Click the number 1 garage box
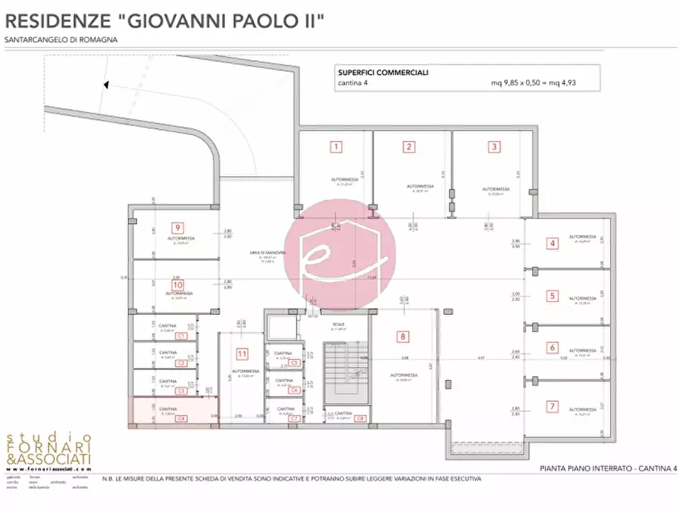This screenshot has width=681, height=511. [x=335, y=146]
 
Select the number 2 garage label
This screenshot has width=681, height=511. [x=410, y=146]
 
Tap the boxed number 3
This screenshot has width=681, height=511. [x=494, y=146]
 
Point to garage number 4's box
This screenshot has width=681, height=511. [x=551, y=244]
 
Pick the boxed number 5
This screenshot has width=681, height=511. [x=551, y=295]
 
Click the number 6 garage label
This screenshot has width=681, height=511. [x=551, y=348]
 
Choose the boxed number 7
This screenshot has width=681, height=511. [x=551, y=407]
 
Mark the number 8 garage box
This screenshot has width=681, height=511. [x=403, y=336]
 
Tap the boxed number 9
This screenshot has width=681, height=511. [x=177, y=227]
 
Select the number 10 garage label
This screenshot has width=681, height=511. [x=177, y=284]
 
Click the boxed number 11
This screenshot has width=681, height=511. [x=242, y=353]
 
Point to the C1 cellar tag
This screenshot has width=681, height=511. [x=181, y=336]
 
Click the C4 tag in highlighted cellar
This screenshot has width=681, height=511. [x=181, y=419]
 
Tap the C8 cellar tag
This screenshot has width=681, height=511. [x=360, y=418]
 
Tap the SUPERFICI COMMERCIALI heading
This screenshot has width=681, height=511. [x=383, y=72]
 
